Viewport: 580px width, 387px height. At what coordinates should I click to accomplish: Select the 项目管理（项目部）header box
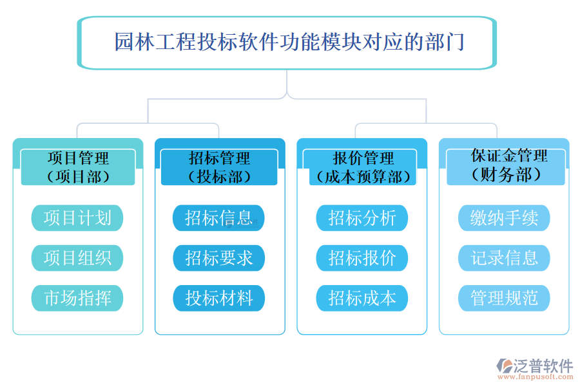(78, 167)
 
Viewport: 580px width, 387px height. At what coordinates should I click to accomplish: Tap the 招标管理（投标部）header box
(219, 167)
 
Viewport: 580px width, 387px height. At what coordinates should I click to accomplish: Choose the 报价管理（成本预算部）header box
(362, 167)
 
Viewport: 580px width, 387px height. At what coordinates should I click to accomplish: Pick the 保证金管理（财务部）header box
(505, 166)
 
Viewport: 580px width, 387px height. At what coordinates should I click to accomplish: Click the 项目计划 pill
(77, 218)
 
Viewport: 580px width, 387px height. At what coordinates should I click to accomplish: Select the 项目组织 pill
(77, 258)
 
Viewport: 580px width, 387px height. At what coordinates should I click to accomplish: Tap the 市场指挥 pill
(77, 298)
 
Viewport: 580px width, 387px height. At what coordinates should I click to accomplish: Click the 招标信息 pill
(219, 218)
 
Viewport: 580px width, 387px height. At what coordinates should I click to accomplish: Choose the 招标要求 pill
(219, 258)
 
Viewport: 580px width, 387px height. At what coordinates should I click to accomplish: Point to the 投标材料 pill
(219, 298)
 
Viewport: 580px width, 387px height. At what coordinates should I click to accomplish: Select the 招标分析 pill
(362, 218)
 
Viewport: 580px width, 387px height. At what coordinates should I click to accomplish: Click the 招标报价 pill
(362, 258)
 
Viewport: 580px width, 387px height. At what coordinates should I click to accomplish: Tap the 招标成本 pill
(362, 298)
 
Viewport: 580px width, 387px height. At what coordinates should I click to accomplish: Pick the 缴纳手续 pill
(505, 218)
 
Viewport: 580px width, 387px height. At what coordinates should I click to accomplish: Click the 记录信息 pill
(505, 258)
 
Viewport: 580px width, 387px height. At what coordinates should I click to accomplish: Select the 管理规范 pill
(505, 298)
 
